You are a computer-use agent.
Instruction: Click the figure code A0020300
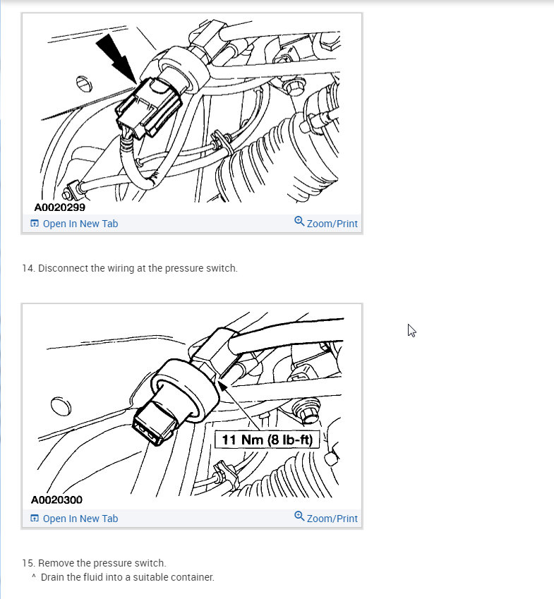click(56, 500)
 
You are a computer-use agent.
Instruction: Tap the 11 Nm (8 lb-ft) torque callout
click(267, 440)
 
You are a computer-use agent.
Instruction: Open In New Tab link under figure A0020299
click(80, 224)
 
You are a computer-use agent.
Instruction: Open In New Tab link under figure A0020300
click(80, 519)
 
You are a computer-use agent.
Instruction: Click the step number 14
click(28, 268)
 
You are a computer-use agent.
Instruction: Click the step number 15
click(28, 563)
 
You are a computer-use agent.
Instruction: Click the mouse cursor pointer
click(411, 329)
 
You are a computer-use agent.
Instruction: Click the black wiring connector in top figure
click(147, 108)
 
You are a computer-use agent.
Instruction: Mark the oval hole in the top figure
click(83, 83)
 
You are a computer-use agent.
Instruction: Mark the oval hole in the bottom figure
click(61, 409)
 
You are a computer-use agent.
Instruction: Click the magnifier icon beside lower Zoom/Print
click(299, 516)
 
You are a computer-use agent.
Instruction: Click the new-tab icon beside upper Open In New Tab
click(35, 224)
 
